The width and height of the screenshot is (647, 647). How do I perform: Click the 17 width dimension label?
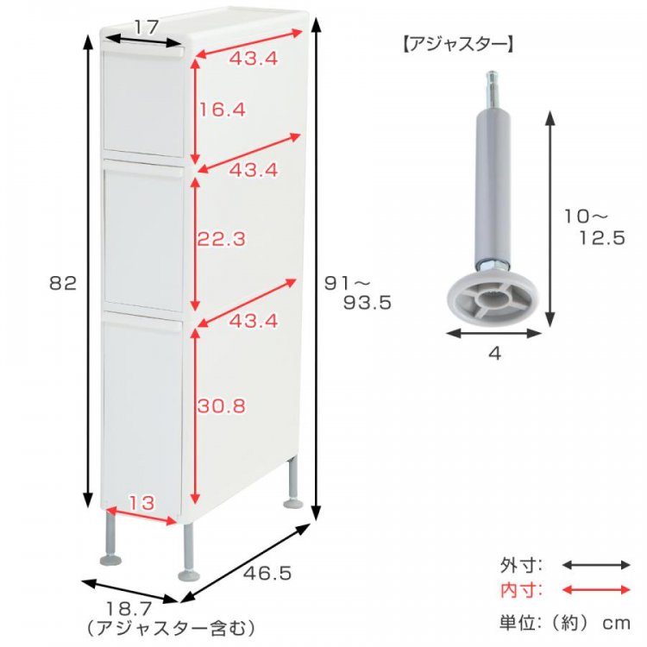point(146,28)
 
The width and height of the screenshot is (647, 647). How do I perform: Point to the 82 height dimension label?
point(63,284)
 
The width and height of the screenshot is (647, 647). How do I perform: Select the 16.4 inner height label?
point(222,110)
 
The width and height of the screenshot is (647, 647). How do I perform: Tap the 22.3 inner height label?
point(221,239)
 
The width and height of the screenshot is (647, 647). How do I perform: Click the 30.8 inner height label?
point(221,406)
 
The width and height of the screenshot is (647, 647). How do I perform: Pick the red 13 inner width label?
point(141,503)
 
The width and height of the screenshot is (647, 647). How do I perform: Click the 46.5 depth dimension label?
point(267,573)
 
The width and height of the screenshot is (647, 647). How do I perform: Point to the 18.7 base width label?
point(129,609)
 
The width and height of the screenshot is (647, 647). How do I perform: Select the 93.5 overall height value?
point(367,304)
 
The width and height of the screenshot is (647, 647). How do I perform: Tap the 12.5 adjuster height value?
point(602,238)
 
